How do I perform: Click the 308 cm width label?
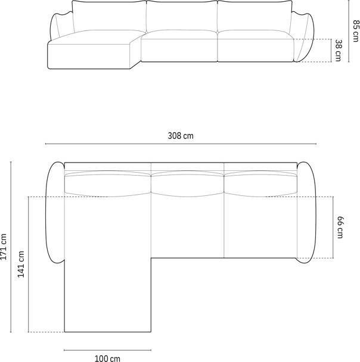point(180,136)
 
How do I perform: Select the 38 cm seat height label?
point(338,51)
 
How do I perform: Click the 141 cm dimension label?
point(21,264)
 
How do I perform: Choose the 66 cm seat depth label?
point(340,227)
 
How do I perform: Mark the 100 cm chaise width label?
point(107,358)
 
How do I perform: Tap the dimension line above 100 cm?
point(107,349)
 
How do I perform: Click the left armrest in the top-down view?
point(55,211)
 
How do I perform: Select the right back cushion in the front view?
point(254,18)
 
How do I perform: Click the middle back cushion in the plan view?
point(187,182)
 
